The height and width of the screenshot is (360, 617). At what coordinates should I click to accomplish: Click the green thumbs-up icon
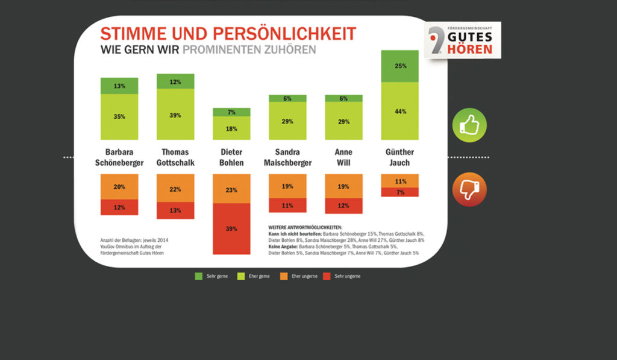(x=469, y=125)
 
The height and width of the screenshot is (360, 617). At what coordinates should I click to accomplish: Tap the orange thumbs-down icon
(x=469, y=189)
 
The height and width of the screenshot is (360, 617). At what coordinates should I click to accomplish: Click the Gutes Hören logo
(x=462, y=40)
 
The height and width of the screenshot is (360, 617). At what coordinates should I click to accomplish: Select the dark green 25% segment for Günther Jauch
(x=400, y=66)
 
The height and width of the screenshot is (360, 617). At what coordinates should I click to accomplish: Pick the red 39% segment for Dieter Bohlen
(x=232, y=229)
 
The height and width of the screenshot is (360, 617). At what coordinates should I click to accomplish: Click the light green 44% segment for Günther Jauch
(x=400, y=111)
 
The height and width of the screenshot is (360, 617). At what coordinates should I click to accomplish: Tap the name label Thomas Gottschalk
(x=175, y=157)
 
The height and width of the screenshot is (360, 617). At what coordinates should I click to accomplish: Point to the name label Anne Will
(x=343, y=157)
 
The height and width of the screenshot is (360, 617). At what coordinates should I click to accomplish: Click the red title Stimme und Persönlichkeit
(x=228, y=34)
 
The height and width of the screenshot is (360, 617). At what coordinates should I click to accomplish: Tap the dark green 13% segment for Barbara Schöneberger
(x=119, y=86)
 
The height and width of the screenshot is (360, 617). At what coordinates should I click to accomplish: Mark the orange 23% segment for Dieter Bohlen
(x=232, y=189)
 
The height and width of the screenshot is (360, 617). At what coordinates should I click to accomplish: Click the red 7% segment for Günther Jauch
(x=400, y=192)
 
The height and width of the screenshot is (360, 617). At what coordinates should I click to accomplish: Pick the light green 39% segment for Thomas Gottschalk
(x=175, y=115)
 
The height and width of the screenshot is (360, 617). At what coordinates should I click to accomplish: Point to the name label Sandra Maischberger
(x=287, y=157)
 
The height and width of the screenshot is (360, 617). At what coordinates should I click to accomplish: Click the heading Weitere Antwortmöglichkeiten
(x=305, y=227)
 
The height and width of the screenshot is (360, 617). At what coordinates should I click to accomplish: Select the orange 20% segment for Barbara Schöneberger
(x=119, y=187)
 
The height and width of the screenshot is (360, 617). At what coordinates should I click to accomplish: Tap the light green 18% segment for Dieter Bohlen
(x=232, y=128)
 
